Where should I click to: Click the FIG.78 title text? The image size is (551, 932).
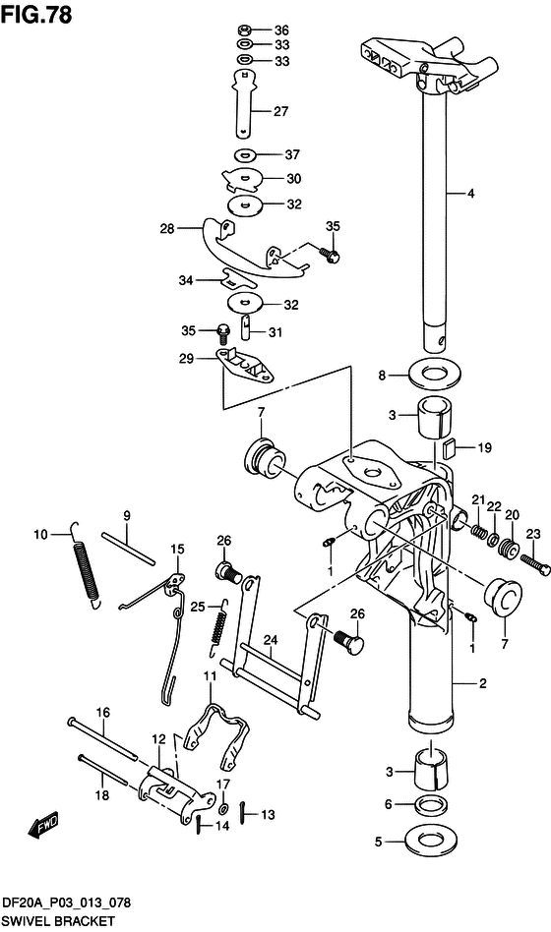pyautogui.click(x=36, y=14)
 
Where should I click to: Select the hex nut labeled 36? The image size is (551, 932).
pyautogui.click(x=245, y=29)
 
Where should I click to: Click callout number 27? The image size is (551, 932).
pyautogui.click(x=280, y=111)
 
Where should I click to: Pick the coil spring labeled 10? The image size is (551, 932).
pyautogui.click(x=87, y=565)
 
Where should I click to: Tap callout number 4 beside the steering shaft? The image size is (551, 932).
pyautogui.click(x=470, y=193)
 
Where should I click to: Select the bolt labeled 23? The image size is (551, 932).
pyautogui.click(x=535, y=564)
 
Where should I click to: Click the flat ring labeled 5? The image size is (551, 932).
pyautogui.click(x=431, y=840)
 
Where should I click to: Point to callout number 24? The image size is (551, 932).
pyautogui.click(x=271, y=640)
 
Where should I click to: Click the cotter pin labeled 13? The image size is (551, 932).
pyautogui.click(x=244, y=813)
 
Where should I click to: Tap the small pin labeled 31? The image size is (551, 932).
pyautogui.click(x=247, y=327)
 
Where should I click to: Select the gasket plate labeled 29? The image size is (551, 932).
pyautogui.click(x=245, y=368)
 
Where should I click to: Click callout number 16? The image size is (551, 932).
pyautogui.click(x=103, y=712)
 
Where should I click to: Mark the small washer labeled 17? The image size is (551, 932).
pyautogui.click(x=223, y=809)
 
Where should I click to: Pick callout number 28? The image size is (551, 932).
pyautogui.click(x=166, y=228)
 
